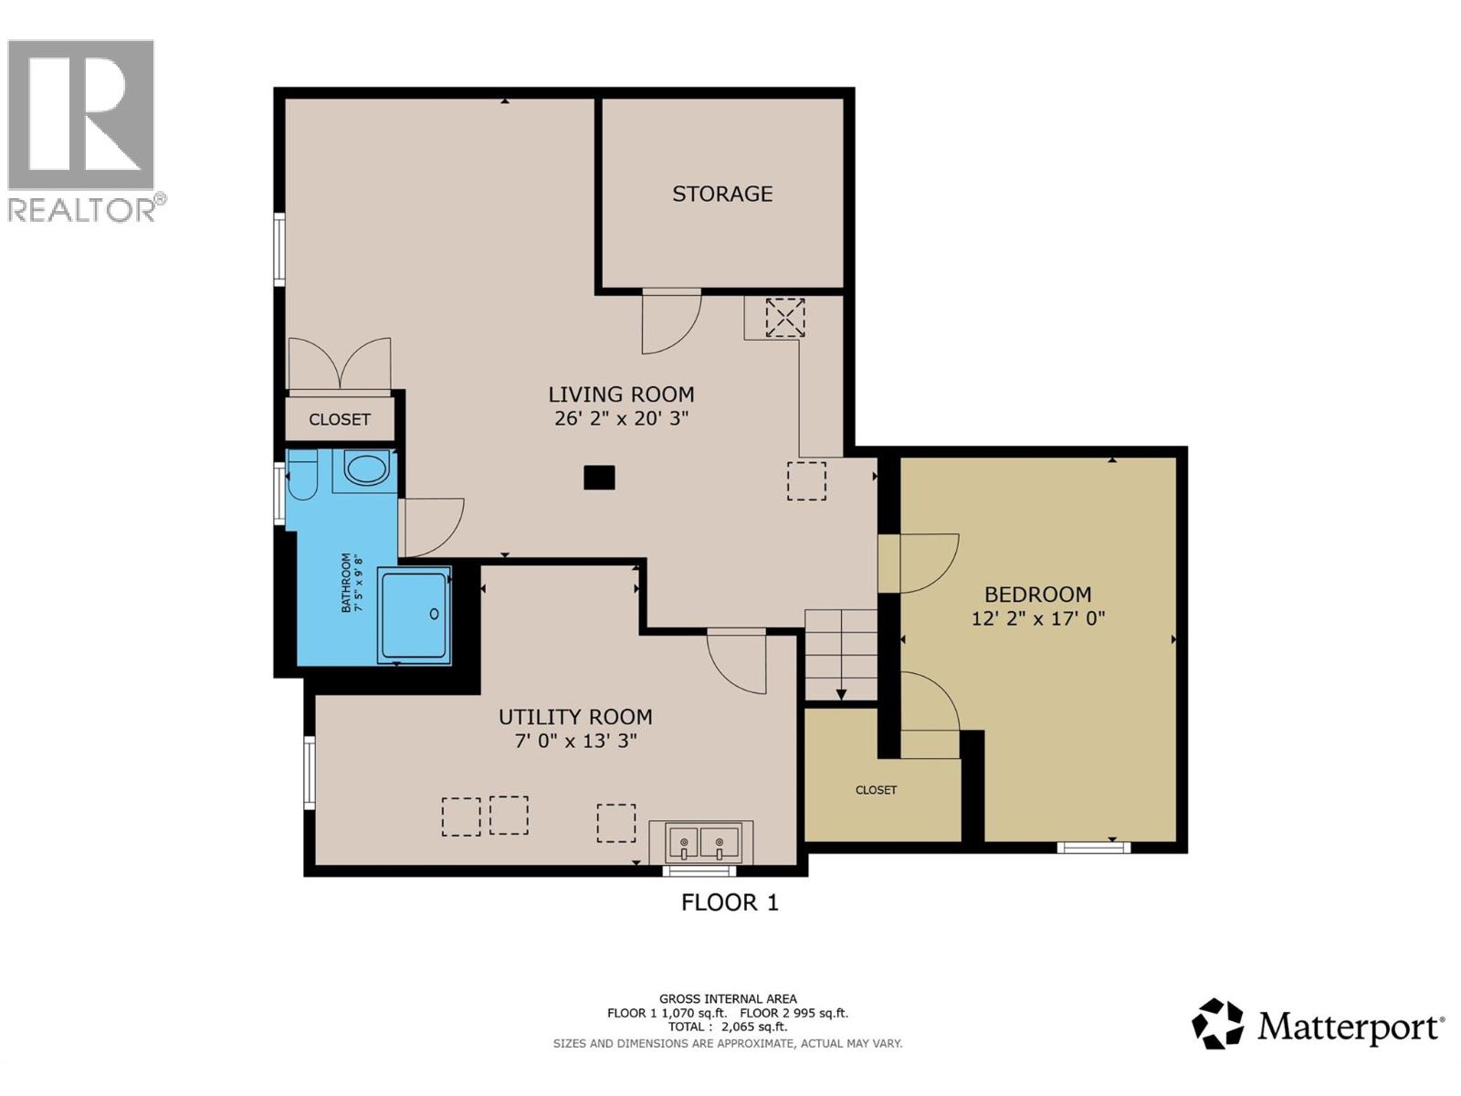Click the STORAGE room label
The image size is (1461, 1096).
(722, 194)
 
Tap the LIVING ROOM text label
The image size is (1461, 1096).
(621, 395)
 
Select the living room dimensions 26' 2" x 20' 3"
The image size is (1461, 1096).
(621, 419)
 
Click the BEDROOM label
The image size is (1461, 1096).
(1037, 595)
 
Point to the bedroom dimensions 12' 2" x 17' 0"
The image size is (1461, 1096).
(1038, 618)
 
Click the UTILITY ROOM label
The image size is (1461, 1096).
(575, 717)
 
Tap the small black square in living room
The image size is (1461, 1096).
(599, 478)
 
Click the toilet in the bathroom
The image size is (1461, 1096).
(302, 475)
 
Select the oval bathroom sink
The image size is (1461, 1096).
(366, 470)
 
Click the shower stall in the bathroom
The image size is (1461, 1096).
(415, 615)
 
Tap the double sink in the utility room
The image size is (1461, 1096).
(701, 841)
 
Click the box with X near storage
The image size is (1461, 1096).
(784, 317)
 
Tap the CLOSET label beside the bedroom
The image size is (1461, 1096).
(876, 790)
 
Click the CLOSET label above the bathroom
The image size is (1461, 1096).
(340, 419)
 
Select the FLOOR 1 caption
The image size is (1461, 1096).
(730, 902)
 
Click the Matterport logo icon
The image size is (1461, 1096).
(1217, 1024)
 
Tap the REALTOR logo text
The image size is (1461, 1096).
(82, 210)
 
